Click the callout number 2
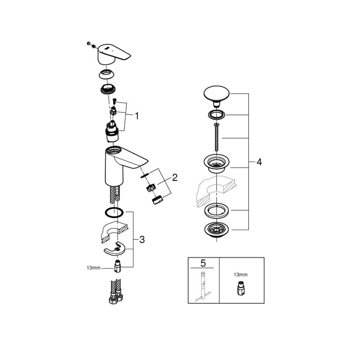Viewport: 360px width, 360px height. coord(175,178)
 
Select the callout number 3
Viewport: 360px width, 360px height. coord(142,240)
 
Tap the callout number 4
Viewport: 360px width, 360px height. coord(259,162)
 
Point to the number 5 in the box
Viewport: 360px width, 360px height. coord(203,263)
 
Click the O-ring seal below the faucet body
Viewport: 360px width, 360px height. coord(113,213)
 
